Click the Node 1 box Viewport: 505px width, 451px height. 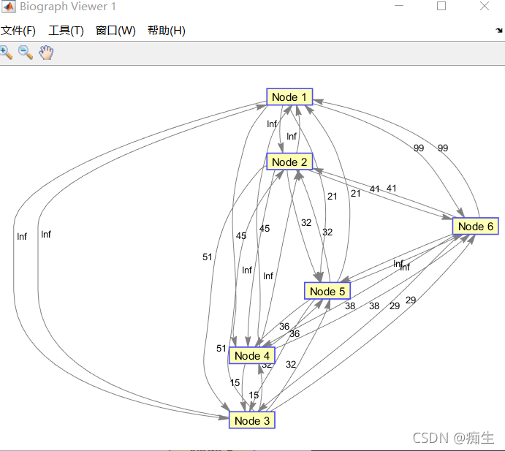(x=289, y=97)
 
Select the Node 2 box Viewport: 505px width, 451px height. (x=289, y=162)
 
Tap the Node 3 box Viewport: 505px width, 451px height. (x=252, y=420)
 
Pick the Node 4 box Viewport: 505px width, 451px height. (x=252, y=356)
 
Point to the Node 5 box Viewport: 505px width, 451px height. (x=327, y=292)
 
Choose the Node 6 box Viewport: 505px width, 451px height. (x=476, y=227)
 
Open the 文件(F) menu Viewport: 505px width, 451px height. (x=18, y=31)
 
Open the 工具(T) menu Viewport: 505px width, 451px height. (x=66, y=31)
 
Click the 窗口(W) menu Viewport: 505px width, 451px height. (x=115, y=31)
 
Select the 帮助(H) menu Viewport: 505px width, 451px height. (x=166, y=31)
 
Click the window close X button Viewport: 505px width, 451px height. (x=485, y=7)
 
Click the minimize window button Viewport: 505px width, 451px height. (x=398, y=7)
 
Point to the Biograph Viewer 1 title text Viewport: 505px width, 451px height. (x=68, y=7)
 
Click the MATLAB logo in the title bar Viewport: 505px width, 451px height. (x=8, y=7)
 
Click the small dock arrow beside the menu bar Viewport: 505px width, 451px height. (x=498, y=31)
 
